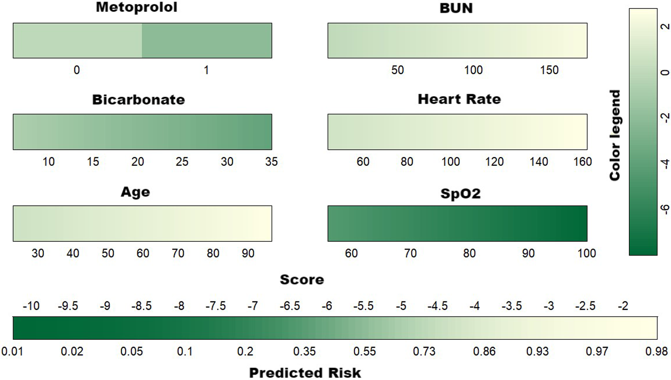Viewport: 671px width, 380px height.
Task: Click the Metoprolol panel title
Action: (x=136, y=8)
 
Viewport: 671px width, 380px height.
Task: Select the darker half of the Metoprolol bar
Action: (x=207, y=41)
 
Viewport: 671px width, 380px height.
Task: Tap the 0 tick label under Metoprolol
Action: (x=77, y=70)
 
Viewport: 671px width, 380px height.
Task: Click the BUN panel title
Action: (x=456, y=8)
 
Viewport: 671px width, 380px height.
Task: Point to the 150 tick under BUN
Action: (x=549, y=70)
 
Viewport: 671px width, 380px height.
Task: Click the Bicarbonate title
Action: (x=138, y=100)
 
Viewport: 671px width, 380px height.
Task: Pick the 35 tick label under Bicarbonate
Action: (x=271, y=162)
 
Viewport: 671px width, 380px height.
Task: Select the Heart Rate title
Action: (x=459, y=99)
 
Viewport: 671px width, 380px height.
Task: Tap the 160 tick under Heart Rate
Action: (x=582, y=162)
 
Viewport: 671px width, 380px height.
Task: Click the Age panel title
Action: (x=135, y=192)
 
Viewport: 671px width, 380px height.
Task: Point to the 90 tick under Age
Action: (x=248, y=253)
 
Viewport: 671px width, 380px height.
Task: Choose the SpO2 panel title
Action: (x=460, y=194)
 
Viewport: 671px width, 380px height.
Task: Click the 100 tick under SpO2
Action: (x=586, y=253)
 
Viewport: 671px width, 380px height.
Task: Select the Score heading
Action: (x=302, y=280)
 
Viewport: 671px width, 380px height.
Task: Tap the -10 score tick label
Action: (x=31, y=306)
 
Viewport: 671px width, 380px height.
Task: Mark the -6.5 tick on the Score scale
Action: (x=290, y=306)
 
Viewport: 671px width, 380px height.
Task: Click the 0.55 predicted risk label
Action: (x=365, y=351)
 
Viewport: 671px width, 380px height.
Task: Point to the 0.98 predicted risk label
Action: (x=656, y=351)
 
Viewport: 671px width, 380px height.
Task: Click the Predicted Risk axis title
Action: (x=305, y=373)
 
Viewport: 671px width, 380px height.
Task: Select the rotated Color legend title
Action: (x=615, y=135)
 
